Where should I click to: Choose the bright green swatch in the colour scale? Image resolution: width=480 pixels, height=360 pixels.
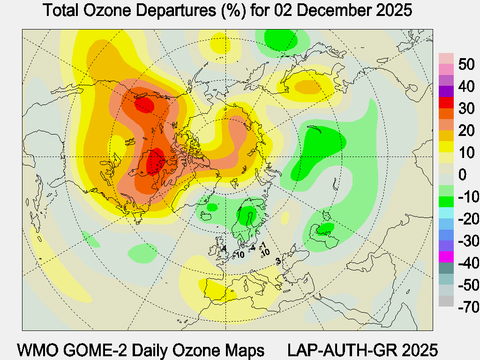pos(446,202)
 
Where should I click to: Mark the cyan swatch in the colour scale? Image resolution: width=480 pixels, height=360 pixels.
pos(446,213)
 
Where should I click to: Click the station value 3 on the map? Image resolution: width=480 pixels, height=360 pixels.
pos(278,261)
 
